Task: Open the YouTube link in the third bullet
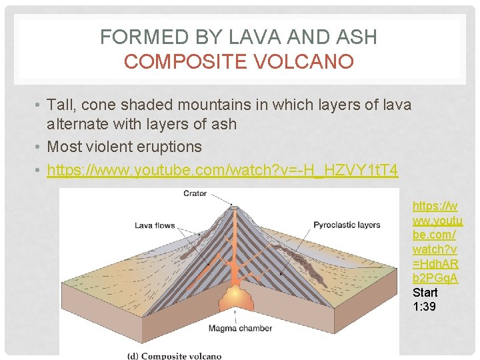pos(222,171)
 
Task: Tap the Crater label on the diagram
pos(195,194)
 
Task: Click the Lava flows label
pos(155,225)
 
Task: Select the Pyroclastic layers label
pos(347,225)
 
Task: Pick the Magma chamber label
pos(236,328)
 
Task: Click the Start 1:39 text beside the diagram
pos(425,299)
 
